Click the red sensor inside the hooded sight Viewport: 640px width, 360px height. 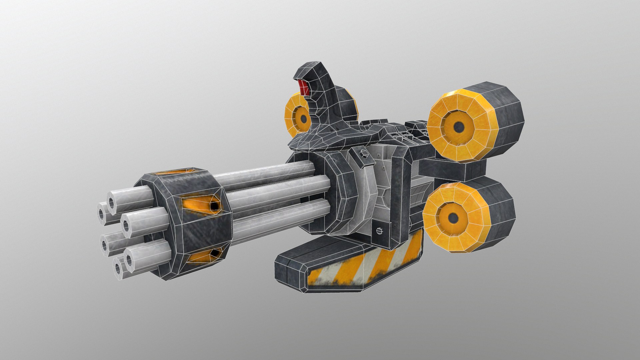tap(303, 88)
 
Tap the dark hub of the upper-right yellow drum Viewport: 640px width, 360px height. tap(459, 126)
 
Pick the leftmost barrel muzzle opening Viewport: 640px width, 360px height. tap(101, 212)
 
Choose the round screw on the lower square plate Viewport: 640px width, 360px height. tap(379, 230)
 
